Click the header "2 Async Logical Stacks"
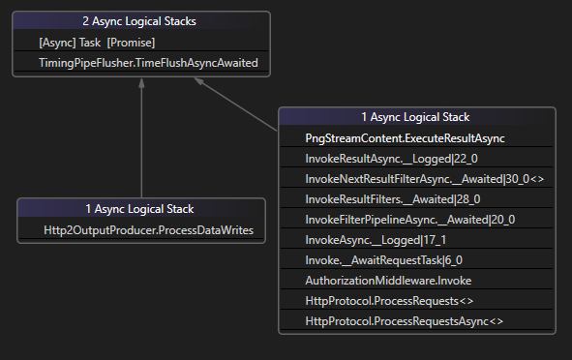pos(141,20)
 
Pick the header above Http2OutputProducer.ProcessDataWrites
pos(141,208)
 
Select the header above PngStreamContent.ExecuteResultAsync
pos(416,117)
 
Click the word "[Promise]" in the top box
pos(132,44)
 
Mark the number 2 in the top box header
pos(85,20)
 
